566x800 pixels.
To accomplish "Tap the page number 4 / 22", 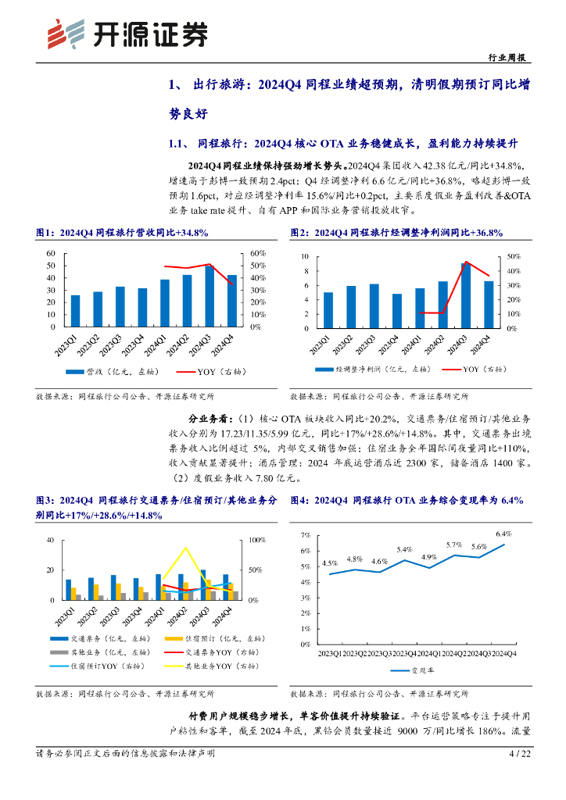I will (x=519, y=753).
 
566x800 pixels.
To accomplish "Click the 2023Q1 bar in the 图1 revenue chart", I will (x=75, y=311).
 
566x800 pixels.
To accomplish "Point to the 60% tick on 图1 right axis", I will (x=258, y=254).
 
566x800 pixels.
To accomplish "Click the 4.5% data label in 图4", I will (x=330, y=562).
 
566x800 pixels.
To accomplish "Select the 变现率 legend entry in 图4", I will (x=413, y=670).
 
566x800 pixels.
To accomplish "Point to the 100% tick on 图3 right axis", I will (x=257, y=540).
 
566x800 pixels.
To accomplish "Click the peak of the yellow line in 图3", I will (x=186, y=548).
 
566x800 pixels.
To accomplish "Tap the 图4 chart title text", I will (x=407, y=500).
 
